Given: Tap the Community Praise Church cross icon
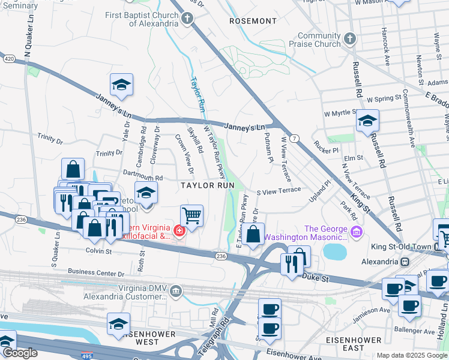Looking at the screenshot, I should [350, 39].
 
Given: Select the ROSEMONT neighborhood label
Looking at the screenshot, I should [253, 21].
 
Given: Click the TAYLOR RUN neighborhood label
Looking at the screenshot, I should [208, 186].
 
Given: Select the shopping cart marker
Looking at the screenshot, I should [191, 215].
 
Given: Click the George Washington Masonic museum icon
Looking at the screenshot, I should [356, 232].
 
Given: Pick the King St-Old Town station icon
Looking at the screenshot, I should [405, 262].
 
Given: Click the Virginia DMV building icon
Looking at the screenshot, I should [175, 292].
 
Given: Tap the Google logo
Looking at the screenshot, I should [19, 353].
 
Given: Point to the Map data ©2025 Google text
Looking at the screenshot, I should [412, 355].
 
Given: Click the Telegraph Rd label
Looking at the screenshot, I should [224, 330].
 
